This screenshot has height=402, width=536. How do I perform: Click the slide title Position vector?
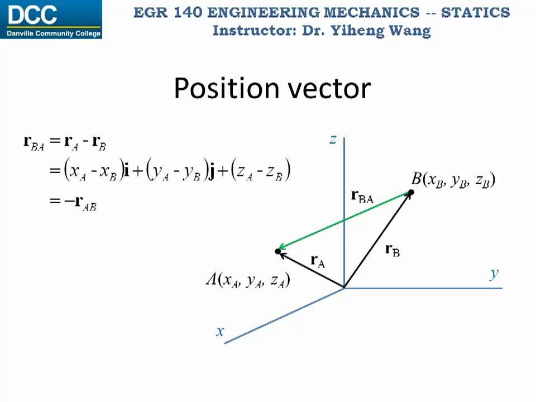272,88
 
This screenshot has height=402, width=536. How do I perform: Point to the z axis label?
333,139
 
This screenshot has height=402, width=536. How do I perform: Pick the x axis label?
220,331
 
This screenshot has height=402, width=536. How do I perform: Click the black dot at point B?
411,193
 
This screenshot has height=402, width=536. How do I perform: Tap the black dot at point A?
278,251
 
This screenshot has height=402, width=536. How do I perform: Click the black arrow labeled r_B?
377,240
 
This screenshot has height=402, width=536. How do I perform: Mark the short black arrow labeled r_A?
310,270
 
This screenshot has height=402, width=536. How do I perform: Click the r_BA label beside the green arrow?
362,196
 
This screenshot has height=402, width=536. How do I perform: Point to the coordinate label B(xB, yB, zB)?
453,180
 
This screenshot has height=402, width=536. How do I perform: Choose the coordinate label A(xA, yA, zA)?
247,280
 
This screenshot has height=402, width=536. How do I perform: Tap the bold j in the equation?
212,170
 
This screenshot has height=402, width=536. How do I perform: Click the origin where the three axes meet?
344,288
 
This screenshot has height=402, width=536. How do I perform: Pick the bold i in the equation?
127,170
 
